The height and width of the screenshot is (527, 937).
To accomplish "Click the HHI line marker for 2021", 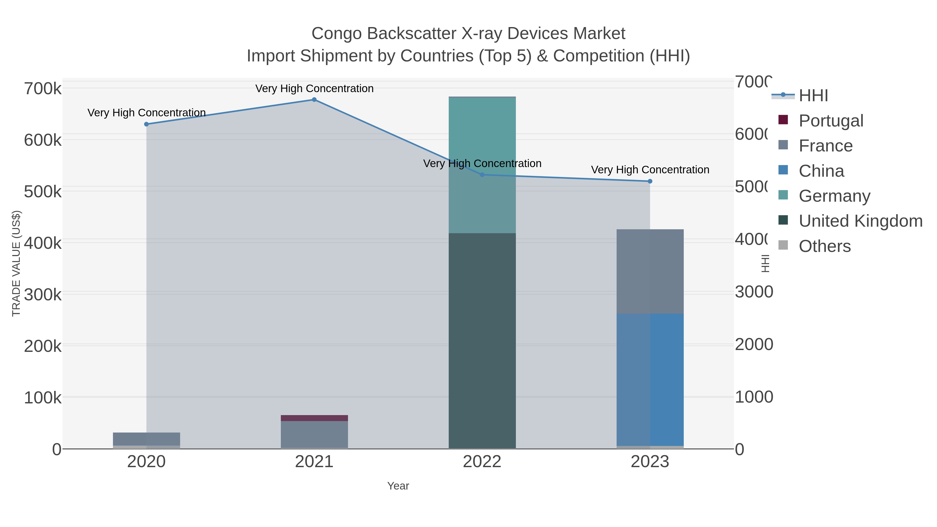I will [x=314, y=100].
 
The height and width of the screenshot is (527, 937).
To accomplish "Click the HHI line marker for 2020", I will [x=147, y=124].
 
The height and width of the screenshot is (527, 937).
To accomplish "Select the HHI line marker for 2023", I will [x=650, y=181].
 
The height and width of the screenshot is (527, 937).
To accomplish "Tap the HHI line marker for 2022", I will [x=482, y=175].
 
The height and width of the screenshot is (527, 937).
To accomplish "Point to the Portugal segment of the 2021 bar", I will [x=314, y=418].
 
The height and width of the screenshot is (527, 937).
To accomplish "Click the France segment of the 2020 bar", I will [x=147, y=439].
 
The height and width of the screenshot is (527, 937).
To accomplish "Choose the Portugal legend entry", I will [x=831, y=121].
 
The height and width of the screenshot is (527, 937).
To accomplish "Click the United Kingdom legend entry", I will [x=860, y=221].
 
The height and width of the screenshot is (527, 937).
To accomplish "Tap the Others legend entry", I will [x=825, y=246].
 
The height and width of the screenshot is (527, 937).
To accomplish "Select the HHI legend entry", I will [x=813, y=96].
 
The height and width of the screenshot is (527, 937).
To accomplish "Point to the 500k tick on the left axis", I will [x=43, y=192].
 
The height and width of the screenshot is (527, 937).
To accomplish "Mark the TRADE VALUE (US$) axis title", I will [x=16, y=263].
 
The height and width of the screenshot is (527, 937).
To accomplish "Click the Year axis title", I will [x=398, y=486].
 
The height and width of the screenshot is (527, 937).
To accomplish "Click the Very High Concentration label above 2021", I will [x=314, y=88].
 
